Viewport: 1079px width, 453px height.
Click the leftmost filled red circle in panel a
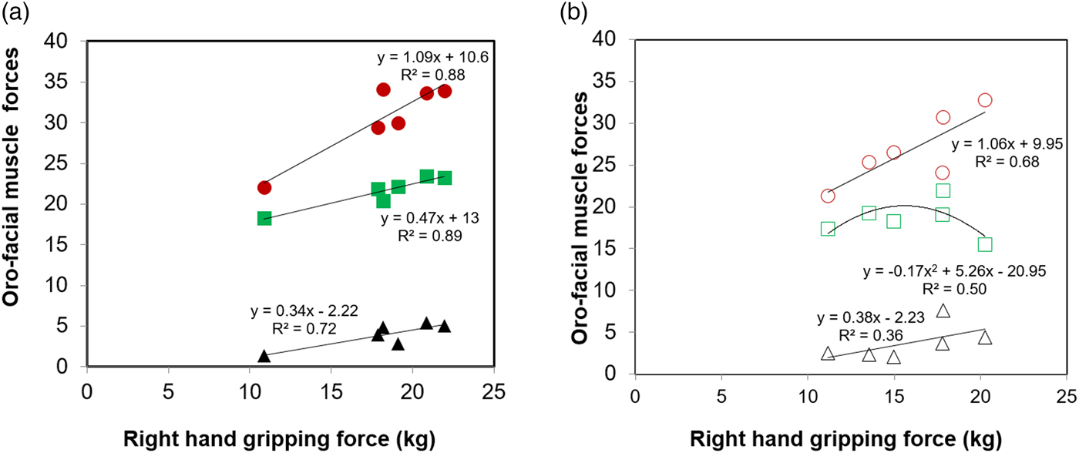264,187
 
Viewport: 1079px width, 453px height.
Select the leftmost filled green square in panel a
264,218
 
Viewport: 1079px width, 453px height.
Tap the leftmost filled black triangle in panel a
264,356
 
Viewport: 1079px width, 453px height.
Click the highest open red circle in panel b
984,100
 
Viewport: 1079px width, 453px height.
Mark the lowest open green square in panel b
984,244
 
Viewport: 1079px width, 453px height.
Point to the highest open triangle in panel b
943,310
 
